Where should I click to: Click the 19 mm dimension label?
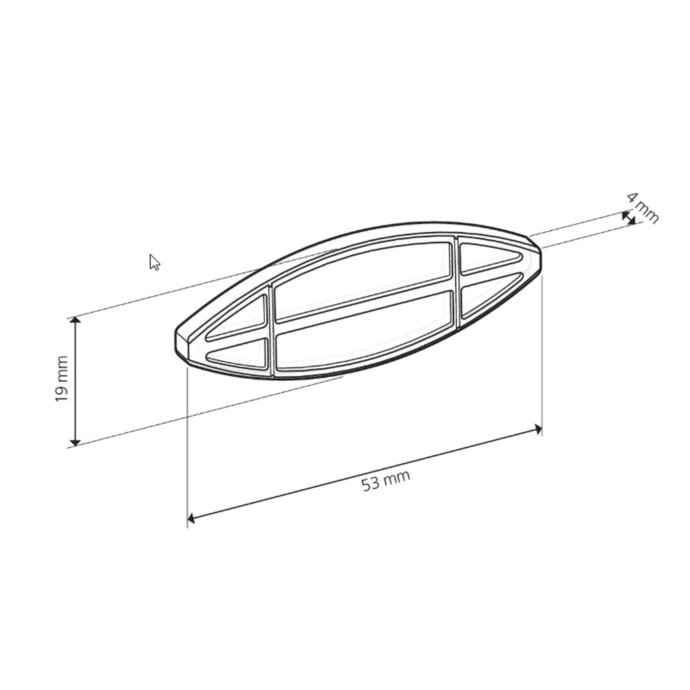point(61,379)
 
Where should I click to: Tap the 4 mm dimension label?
point(642,208)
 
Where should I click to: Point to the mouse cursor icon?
point(154,262)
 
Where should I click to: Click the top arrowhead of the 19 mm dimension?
point(75,321)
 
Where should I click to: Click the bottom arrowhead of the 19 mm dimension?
point(75,441)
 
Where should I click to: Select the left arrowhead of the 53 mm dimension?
point(192,517)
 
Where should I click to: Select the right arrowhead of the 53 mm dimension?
point(537,429)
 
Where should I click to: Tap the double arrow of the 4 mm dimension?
point(629,218)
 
